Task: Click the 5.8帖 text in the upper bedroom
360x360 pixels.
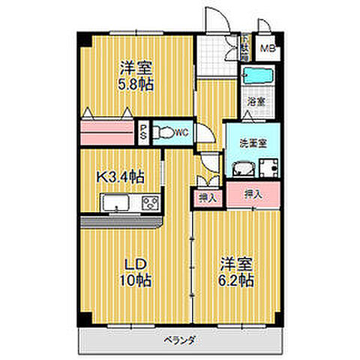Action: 136,85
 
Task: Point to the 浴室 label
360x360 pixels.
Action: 256,100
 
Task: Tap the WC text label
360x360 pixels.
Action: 181,133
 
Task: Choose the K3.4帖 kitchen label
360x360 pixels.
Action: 120,177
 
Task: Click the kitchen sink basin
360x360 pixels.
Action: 115,204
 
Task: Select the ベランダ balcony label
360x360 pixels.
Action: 180,340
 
